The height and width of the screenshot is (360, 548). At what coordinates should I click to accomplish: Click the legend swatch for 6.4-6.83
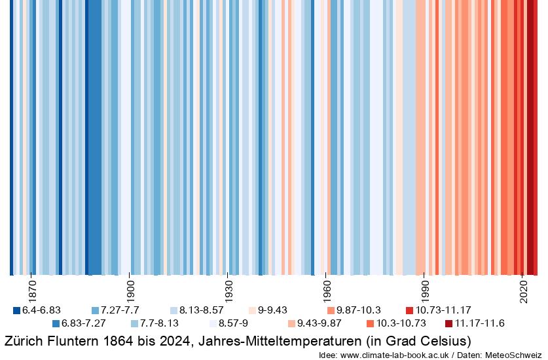(17, 310)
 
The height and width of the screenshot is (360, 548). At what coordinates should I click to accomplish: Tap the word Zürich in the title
(22, 341)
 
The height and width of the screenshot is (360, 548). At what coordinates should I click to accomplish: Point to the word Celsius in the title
(445, 341)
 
